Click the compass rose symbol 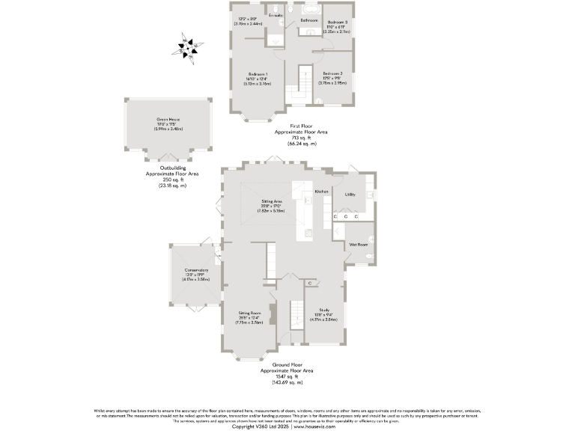point(187,47)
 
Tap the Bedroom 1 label point(258,73)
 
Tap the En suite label point(276,15)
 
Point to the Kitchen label point(322,192)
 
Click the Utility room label point(350,195)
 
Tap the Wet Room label point(358,245)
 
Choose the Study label point(324,309)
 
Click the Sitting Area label point(271,201)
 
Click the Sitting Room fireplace point(273,313)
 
